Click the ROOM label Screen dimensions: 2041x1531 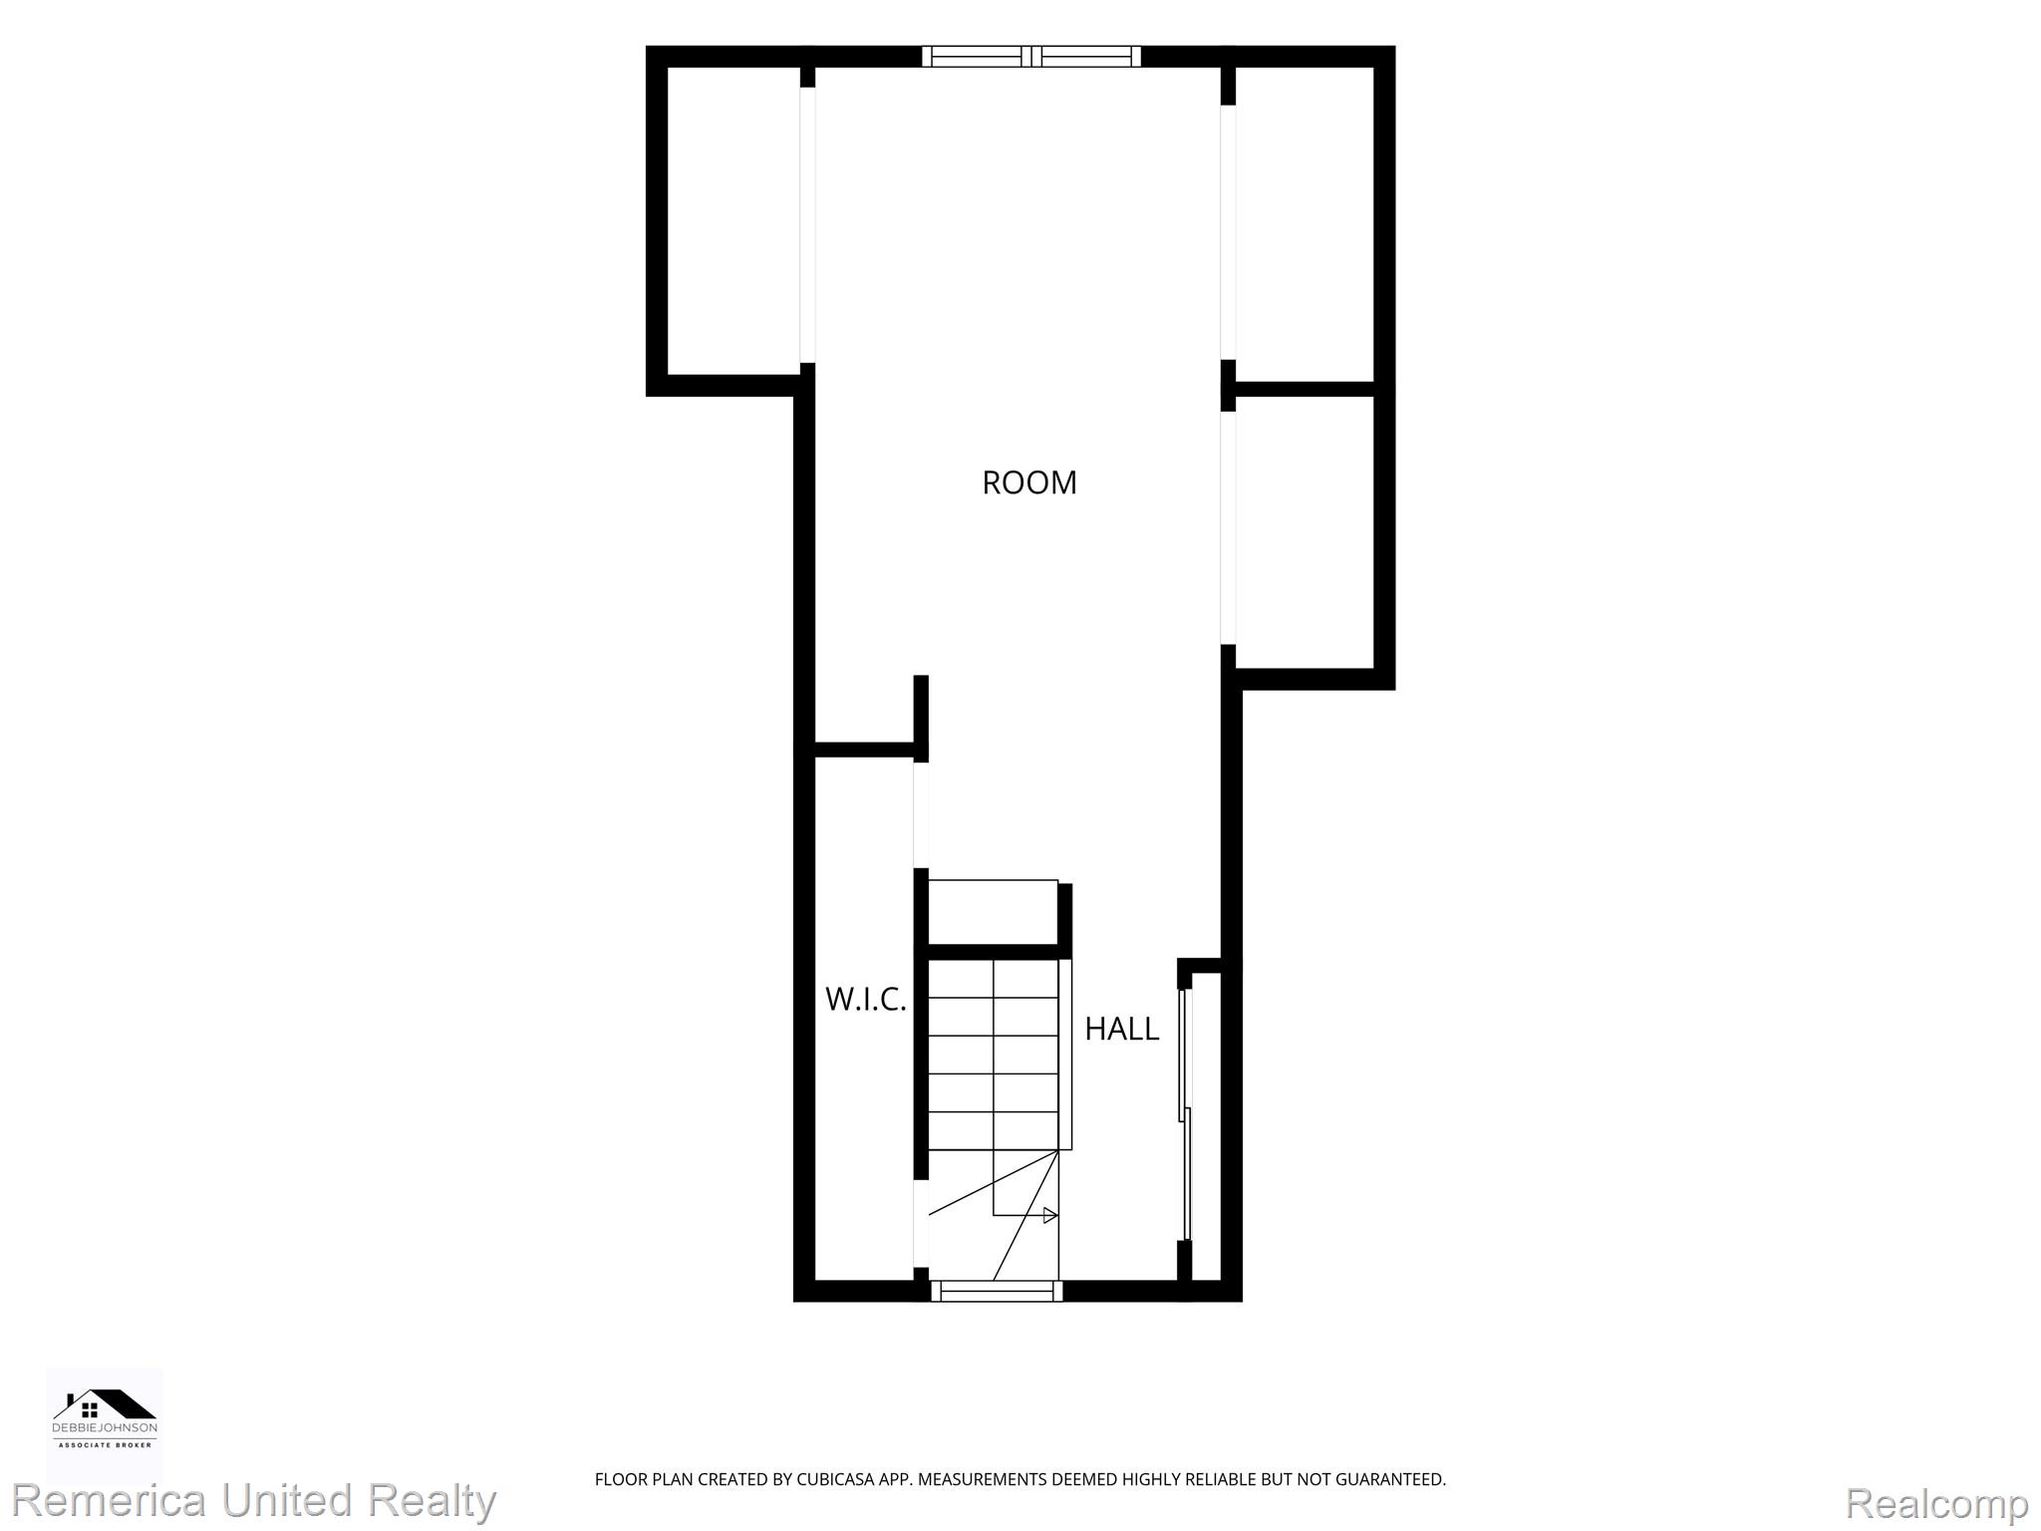pyautogui.click(x=1029, y=482)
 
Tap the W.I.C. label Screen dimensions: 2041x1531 pyautogui.click(x=866, y=999)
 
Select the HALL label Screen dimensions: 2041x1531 pyautogui.click(x=1121, y=1029)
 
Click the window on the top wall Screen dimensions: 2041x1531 pyautogui.click(x=1031, y=57)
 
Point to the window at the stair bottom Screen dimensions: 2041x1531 pyautogui.click(x=997, y=1291)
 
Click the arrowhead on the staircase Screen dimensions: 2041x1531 pyautogui.click(x=1050, y=1215)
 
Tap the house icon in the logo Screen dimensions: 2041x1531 pyautogui.click(x=105, y=1404)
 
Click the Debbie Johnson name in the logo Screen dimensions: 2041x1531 pyautogui.click(x=105, y=1428)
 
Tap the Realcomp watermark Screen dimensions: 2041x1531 pyautogui.click(x=1937, y=1503)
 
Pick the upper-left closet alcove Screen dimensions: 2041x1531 pyautogui.click(x=733, y=220)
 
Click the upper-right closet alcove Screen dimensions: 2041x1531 pyautogui.click(x=1306, y=224)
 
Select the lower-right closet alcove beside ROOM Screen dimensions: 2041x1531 pyautogui.click(x=1306, y=532)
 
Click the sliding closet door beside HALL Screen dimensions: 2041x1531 pyautogui.click(x=1186, y=1114)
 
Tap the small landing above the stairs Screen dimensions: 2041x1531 pyautogui.click(x=993, y=912)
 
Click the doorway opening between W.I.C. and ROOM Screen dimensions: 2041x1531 pyautogui.click(x=922, y=815)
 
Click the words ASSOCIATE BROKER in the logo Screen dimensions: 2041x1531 pyautogui.click(x=105, y=1444)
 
